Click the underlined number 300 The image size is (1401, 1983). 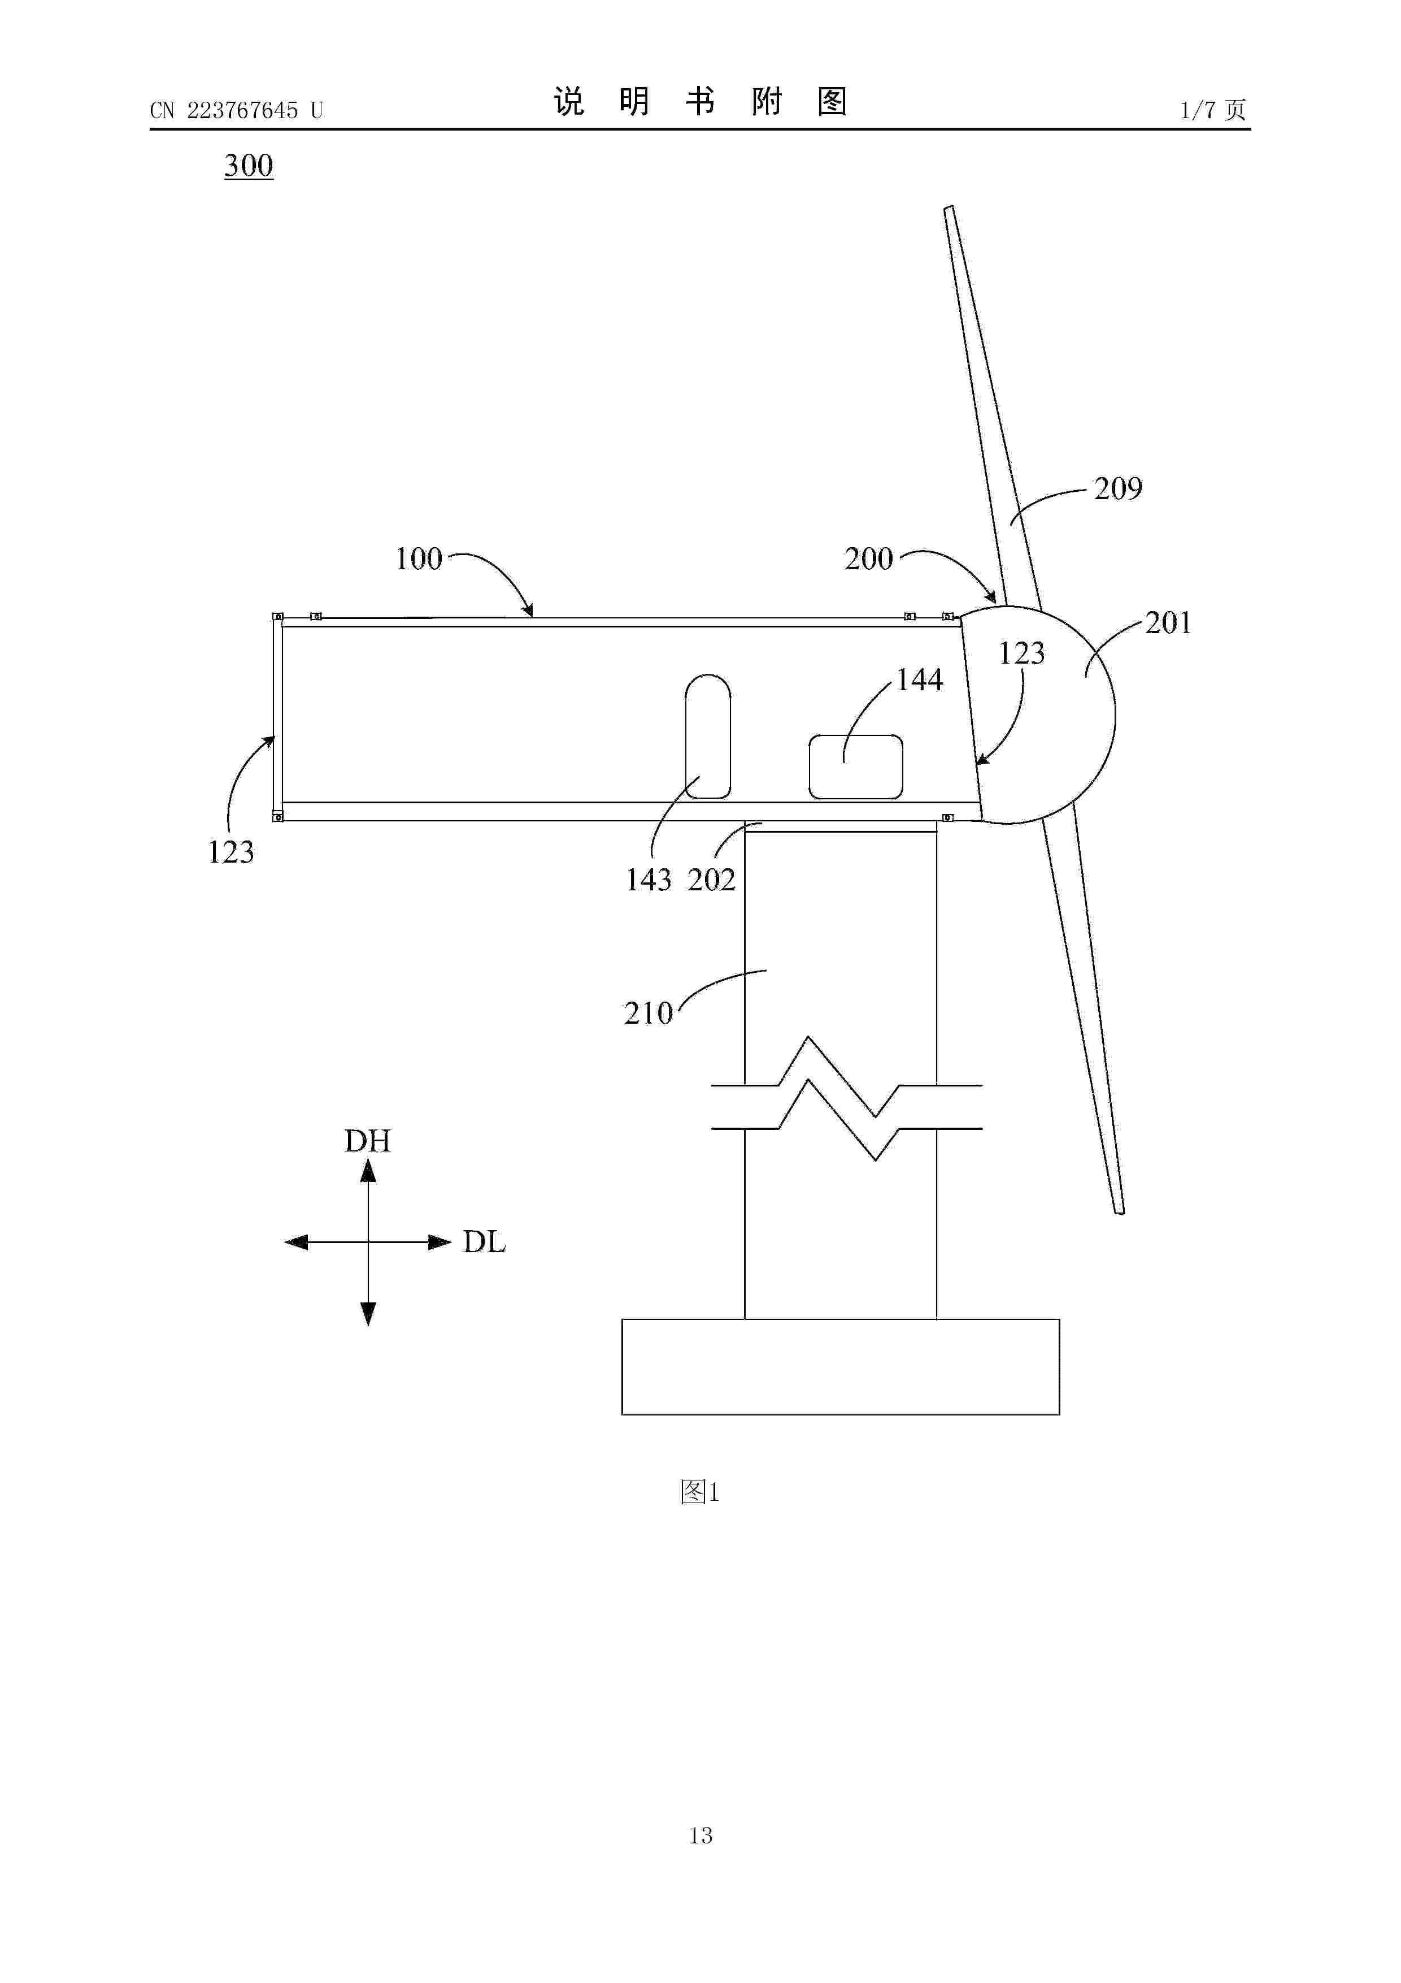pos(249,165)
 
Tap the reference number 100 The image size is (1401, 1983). pos(419,559)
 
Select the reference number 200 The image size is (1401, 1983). pos(868,559)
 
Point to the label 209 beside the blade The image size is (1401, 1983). pos(1118,489)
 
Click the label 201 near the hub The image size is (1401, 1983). pos(1168,623)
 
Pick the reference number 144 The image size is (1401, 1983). pos(919,679)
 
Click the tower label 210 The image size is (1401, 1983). pos(649,1013)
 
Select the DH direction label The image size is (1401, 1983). pos(368,1141)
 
